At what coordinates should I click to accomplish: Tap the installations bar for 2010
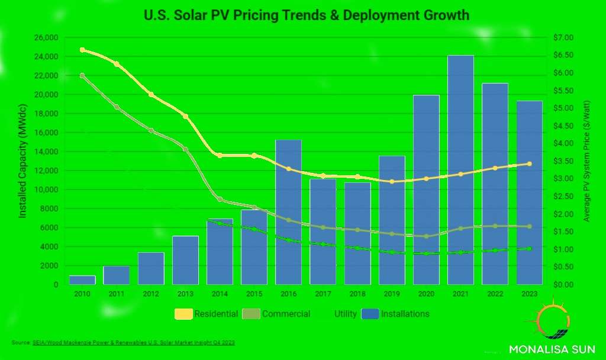82,280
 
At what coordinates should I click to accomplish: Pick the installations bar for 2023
529,192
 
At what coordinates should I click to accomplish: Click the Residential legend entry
207,314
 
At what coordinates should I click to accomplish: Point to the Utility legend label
345,314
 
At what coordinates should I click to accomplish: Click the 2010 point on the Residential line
82,50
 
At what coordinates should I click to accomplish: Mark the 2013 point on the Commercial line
185,149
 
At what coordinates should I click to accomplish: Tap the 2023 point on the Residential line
529,164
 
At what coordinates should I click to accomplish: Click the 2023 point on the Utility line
529,249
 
